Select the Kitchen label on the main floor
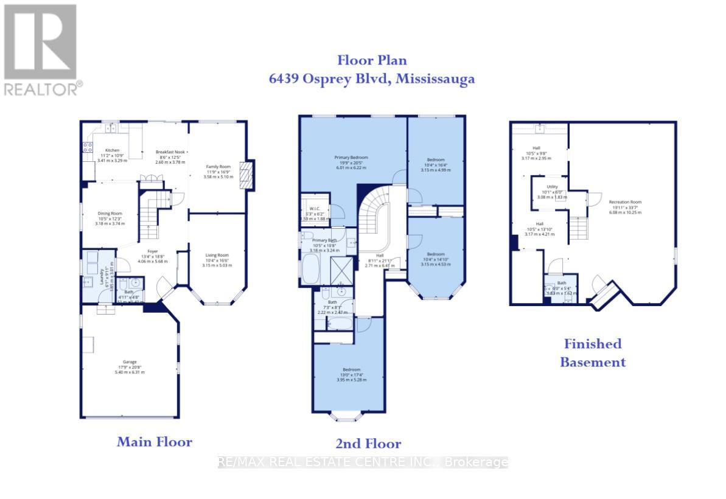tap(113, 150)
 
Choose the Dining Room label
tap(110, 214)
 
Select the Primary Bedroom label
tap(351, 157)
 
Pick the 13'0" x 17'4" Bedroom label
tap(351, 369)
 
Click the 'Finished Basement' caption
tap(592, 353)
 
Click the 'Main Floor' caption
tap(154, 442)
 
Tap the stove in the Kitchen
tap(87, 147)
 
